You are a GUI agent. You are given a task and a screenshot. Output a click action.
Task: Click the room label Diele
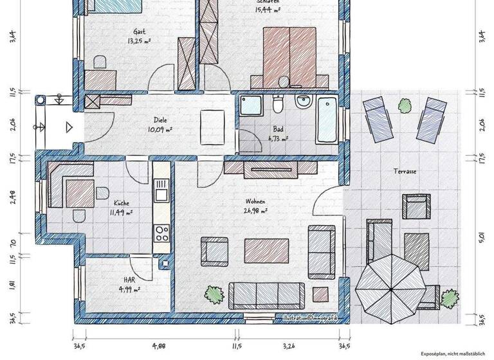pos(160,120)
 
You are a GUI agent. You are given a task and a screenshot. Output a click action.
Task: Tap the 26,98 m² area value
pos(255,210)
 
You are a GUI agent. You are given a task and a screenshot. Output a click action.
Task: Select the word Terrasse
pos(405,172)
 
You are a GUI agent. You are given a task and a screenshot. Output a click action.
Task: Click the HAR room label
pos(130,280)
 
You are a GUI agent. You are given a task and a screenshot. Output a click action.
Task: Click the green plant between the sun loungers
pos(405,104)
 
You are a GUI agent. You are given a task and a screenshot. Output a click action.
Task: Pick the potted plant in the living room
pos(213,295)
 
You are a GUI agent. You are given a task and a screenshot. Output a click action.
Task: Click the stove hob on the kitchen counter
pos(161,233)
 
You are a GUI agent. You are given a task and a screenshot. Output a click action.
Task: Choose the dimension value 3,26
pos(291,346)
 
